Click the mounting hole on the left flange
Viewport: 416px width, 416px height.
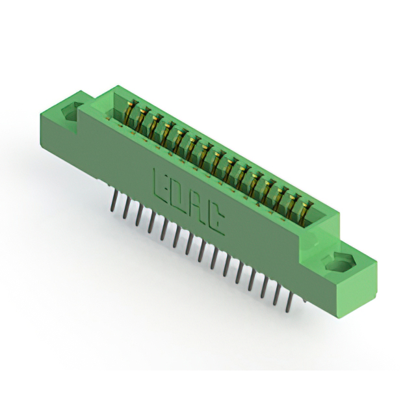pyautogui.click(x=70, y=110)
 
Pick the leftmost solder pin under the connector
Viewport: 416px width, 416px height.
pyautogui.click(x=113, y=201)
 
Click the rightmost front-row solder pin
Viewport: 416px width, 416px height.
pyautogui.click(x=289, y=300)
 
